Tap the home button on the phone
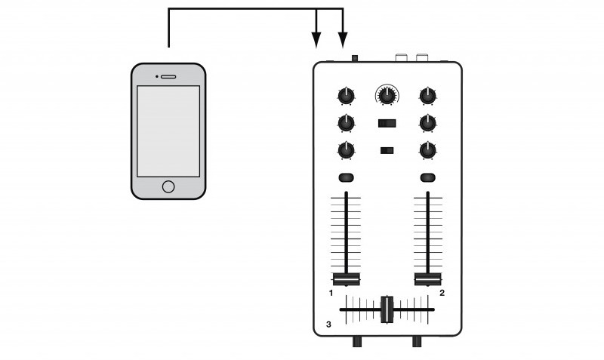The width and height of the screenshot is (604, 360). click(x=168, y=186)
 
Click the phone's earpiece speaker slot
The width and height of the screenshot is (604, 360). click(x=168, y=76)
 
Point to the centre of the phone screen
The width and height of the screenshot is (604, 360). click(x=168, y=131)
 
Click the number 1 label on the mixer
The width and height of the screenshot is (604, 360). click(x=331, y=292)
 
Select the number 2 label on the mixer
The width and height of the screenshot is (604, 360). click(x=442, y=292)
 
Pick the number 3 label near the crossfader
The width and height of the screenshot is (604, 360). click(x=328, y=325)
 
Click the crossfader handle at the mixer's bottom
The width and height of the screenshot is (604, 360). click(x=387, y=309)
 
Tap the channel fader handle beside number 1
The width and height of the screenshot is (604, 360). click(x=347, y=278)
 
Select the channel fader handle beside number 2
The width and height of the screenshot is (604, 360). click(x=428, y=278)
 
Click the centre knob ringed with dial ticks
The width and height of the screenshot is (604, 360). click(x=387, y=95)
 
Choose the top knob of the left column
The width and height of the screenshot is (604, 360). click(x=346, y=96)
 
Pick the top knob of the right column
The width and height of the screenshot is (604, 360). click(x=428, y=96)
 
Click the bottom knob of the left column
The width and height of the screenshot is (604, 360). click(x=346, y=149)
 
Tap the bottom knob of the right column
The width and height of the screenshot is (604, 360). click(x=428, y=149)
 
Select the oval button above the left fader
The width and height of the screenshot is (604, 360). click(x=347, y=178)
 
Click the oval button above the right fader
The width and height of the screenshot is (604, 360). click(x=428, y=178)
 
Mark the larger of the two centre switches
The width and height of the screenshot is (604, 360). click(x=387, y=123)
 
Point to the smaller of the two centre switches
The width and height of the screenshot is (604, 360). click(x=387, y=150)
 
